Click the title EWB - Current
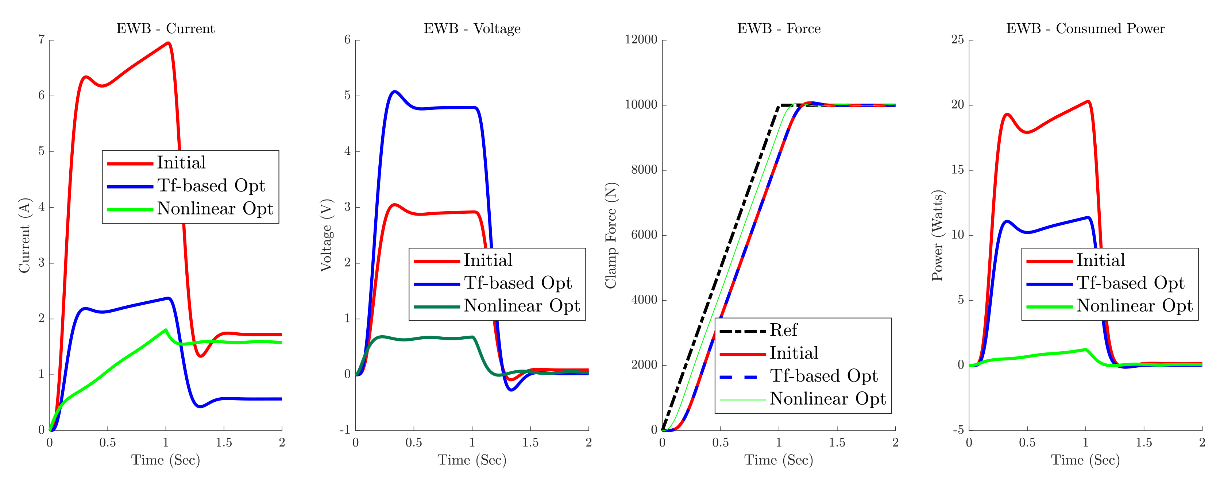165,29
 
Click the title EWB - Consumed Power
1085,29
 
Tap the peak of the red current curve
168,43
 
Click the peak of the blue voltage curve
394,92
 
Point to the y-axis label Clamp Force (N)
611,235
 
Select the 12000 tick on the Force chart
641,40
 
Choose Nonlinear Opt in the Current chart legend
215,208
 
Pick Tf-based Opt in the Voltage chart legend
518,283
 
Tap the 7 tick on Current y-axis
42,40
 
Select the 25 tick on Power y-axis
958,40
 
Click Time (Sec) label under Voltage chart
472,460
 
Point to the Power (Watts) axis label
937,235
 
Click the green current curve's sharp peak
165,329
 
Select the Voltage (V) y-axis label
326,235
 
